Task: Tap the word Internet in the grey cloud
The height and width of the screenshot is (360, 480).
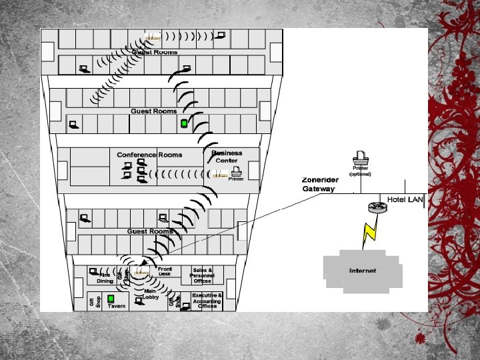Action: (x=362, y=271)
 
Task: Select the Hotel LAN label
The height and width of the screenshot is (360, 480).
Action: (x=405, y=200)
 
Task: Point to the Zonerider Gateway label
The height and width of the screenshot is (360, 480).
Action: (x=320, y=184)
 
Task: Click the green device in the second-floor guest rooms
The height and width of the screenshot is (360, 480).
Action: (x=184, y=123)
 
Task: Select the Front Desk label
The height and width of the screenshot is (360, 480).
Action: (x=165, y=271)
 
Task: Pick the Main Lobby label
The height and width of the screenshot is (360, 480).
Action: (x=149, y=294)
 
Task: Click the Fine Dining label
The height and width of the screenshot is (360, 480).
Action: (x=105, y=278)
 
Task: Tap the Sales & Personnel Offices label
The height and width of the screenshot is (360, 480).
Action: (x=202, y=275)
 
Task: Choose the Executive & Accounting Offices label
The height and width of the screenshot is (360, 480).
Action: (x=207, y=300)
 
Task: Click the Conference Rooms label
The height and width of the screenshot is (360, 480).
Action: (x=149, y=155)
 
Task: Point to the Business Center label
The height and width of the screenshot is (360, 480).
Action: (x=227, y=157)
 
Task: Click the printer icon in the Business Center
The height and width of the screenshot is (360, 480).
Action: (x=235, y=171)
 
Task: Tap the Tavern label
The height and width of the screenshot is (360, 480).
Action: (x=117, y=306)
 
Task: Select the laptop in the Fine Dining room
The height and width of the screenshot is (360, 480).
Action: (x=93, y=271)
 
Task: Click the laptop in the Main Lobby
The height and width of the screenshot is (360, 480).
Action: (x=139, y=301)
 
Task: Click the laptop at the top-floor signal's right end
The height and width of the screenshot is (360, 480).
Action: (x=221, y=35)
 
